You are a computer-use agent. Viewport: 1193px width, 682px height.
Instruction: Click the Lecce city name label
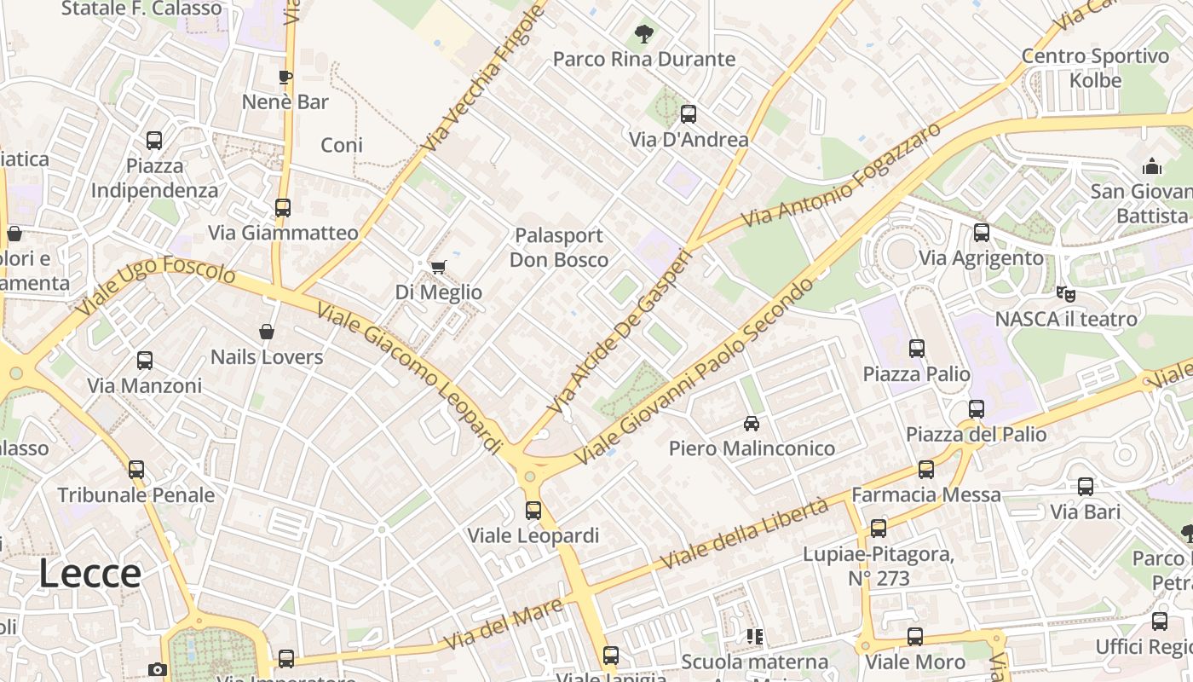[x=89, y=574]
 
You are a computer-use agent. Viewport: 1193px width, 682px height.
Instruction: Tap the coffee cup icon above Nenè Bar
[x=285, y=78]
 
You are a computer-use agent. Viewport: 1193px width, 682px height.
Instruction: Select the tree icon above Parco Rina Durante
[x=643, y=35]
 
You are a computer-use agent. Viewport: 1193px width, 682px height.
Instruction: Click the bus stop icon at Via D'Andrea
[x=688, y=114]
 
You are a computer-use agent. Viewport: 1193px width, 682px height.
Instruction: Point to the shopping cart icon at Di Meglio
[x=439, y=268]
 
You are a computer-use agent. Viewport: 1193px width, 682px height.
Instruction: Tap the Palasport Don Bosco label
[x=559, y=247]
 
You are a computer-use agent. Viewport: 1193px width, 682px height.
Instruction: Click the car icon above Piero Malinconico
[x=752, y=424]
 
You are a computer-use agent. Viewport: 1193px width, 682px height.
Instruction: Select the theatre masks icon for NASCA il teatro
[x=1065, y=294]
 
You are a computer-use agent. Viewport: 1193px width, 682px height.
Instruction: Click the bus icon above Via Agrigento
[x=981, y=233]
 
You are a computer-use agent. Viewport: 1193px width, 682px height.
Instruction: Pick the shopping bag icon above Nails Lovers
[x=267, y=332]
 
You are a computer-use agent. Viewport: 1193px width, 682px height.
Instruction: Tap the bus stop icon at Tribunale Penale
[x=136, y=470]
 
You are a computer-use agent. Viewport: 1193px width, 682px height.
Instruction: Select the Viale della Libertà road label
[x=745, y=535]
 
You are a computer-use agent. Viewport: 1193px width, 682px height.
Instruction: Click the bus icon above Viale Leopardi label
[x=533, y=511]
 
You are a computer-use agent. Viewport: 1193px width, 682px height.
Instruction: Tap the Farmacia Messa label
[x=926, y=494]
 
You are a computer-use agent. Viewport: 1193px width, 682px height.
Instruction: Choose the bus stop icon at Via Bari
[x=1085, y=487]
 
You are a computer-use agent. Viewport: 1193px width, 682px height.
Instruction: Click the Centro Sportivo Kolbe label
[x=1096, y=68]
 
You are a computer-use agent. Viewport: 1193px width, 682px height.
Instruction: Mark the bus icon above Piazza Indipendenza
[x=154, y=141]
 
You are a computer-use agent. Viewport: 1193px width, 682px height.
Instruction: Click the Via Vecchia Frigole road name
[x=482, y=79]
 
